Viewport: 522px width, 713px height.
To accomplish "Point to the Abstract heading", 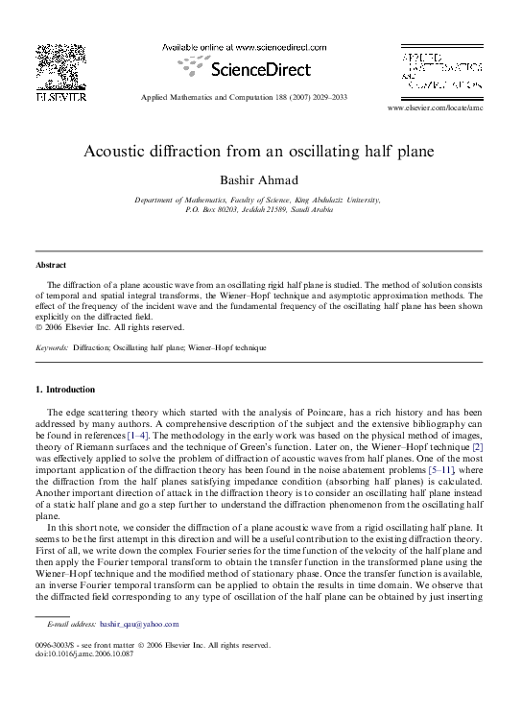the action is pos(50,265).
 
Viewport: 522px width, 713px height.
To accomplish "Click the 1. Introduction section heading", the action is pos(64,390).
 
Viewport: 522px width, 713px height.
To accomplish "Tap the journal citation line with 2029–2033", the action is pos(257,98).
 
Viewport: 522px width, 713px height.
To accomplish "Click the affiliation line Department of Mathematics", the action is pos(257,200).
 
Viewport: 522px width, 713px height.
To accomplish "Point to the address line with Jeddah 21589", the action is pos(258,209).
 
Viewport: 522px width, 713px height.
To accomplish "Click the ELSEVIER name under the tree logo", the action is pos(60,96).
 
